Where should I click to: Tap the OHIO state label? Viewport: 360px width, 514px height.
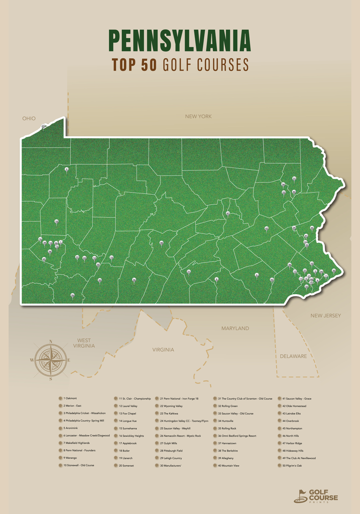(29, 118)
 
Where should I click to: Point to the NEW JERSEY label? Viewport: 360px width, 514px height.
(325, 316)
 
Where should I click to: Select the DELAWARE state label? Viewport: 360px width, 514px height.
(293, 356)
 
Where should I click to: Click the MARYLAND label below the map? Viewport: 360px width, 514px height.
(235, 328)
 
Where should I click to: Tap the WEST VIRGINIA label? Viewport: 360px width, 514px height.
(84, 343)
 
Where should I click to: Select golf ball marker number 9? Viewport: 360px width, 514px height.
(66, 169)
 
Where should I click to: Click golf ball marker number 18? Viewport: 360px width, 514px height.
(56, 221)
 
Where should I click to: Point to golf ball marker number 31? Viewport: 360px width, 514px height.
(294, 178)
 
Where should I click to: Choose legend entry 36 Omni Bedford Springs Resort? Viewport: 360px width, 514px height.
(237, 436)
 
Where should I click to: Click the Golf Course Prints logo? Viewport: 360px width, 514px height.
(316, 495)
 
